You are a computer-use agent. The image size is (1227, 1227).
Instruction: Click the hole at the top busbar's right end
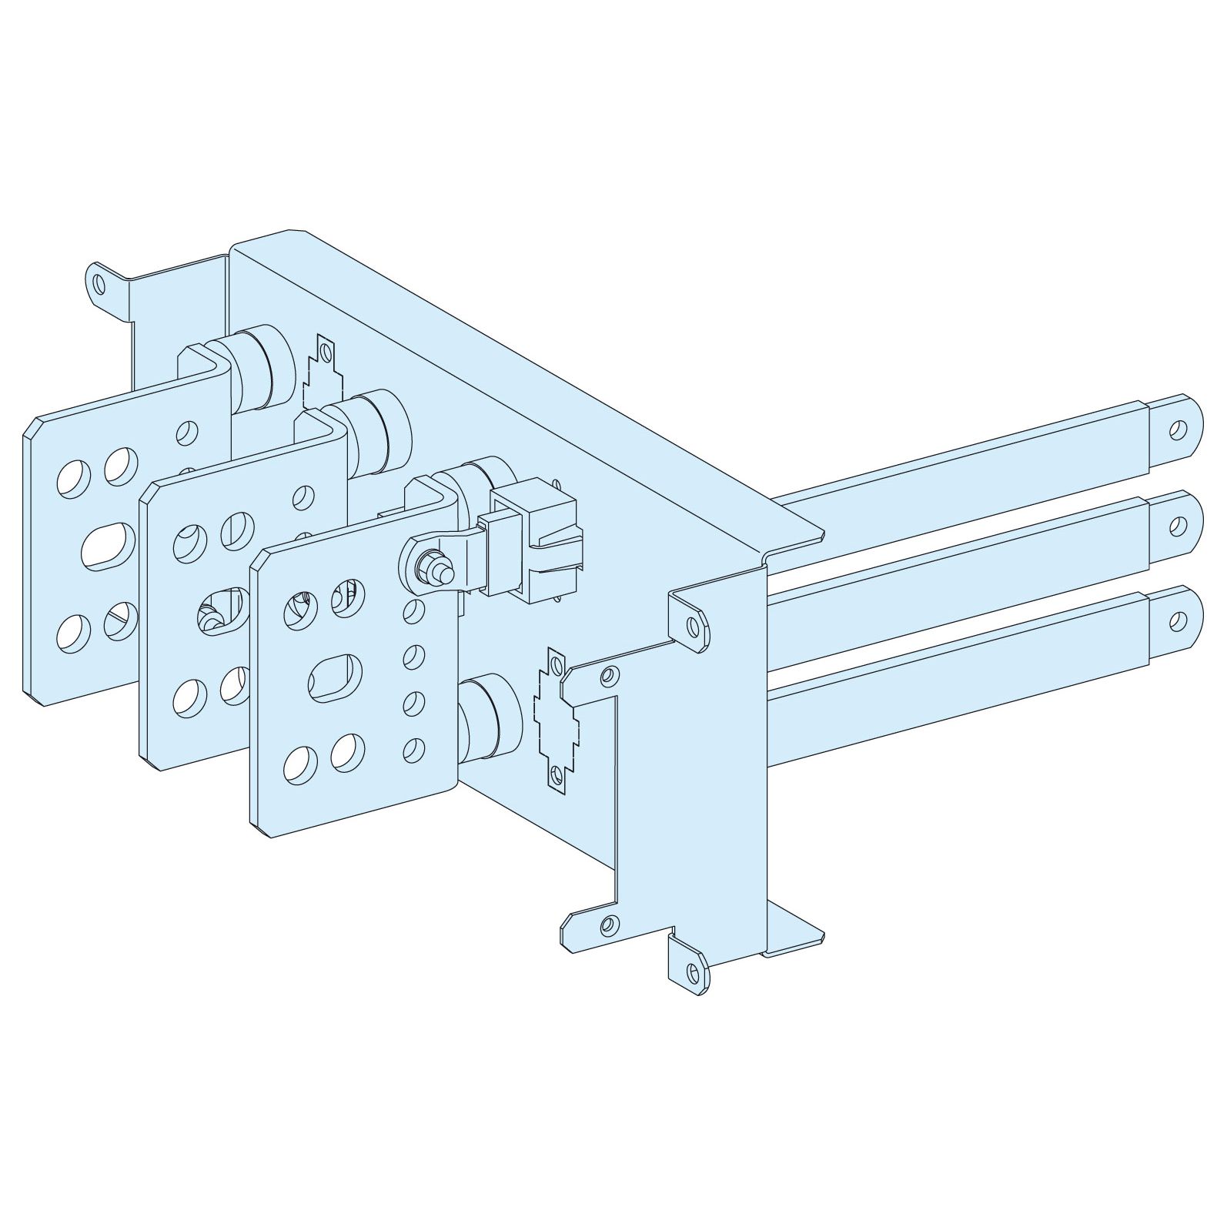click(x=1177, y=430)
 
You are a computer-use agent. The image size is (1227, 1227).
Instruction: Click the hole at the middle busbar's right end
click(x=1177, y=526)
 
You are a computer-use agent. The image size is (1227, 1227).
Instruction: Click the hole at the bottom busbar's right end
click(x=1177, y=619)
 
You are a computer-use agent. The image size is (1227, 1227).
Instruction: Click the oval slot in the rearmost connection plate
click(x=108, y=547)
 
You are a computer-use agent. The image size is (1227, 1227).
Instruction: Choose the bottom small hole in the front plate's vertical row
click(x=415, y=746)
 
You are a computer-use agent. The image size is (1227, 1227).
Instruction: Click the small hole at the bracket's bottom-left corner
click(x=608, y=923)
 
